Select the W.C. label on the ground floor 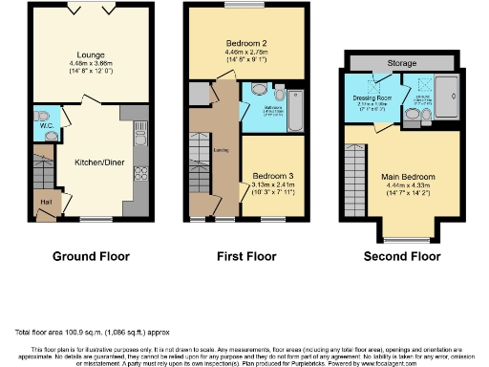click(x=45, y=125)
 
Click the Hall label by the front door click(x=44, y=202)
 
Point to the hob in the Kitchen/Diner click(x=141, y=173)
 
